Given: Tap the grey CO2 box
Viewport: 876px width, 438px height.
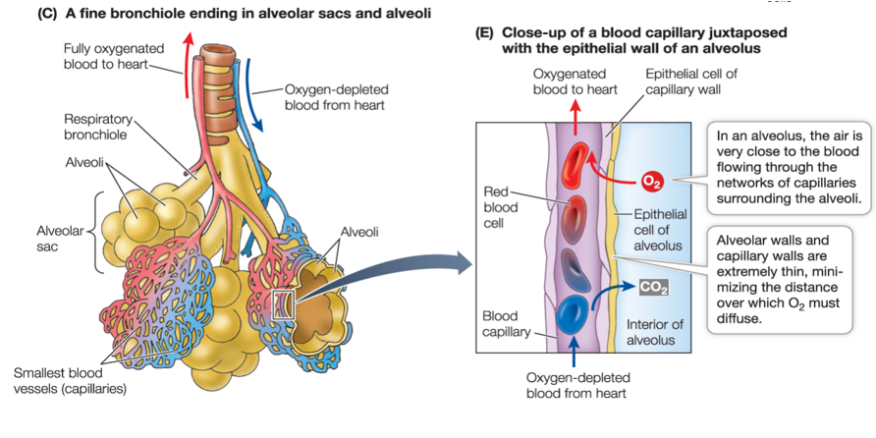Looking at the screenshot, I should (653, 287).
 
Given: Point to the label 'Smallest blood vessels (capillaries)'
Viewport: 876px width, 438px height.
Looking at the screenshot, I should (70, 380).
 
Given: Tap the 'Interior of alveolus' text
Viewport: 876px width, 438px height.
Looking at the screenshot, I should (651, 332).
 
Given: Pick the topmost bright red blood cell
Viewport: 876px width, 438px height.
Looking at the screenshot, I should (576, 163).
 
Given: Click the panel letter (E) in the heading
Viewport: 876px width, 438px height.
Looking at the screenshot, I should (483, 32).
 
